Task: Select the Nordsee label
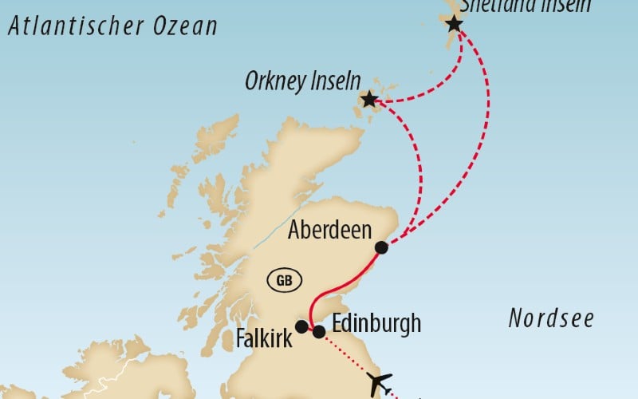tap(551, 319)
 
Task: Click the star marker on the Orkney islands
tap(369, 100)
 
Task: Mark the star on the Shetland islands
tap(454, 24)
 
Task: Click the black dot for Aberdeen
tap(381, 247)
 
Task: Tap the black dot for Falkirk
tap(301, 326)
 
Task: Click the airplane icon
tap(381, 381)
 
